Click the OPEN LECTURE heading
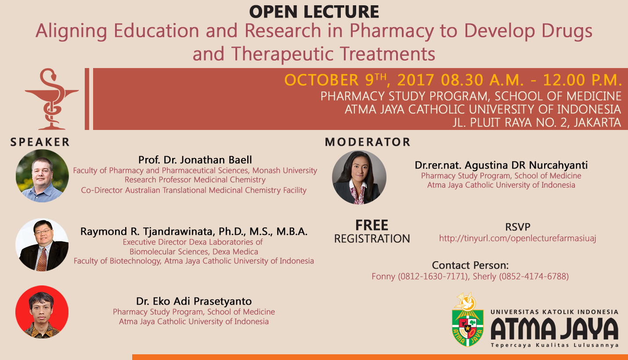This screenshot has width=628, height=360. coord(314,12)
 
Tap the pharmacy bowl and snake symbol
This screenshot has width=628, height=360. coord(51,99)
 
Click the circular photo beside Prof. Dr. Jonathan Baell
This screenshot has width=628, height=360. coord(42,176)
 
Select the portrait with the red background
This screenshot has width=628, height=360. coord(42,312)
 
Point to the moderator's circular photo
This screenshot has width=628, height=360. coord(359,177)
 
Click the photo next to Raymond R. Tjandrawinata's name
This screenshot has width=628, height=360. coord(42,245)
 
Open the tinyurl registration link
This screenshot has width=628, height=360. coord(517,238)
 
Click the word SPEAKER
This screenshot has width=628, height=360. coord(40,142)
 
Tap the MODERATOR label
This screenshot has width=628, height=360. coord(368,142)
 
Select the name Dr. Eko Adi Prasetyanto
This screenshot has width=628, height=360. coord(194,301)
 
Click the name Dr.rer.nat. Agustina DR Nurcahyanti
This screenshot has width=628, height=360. coord(501,165)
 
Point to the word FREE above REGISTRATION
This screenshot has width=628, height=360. coord(372,225)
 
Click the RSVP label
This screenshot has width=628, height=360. coord(517,227)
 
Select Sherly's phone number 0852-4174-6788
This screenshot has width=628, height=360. coord(534,277)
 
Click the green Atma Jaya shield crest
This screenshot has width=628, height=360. coord(468,328)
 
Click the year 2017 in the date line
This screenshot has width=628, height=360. coord(416,80)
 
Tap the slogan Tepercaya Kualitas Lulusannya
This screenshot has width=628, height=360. coord(555,345)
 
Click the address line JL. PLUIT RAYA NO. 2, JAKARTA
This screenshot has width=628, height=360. coord(537,122)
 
